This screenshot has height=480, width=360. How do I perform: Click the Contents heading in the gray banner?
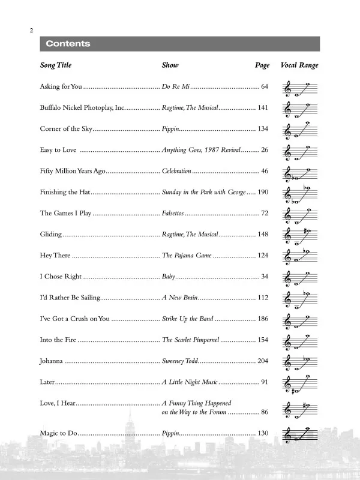[x=68, y=44]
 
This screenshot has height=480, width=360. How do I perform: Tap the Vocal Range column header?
[x=299, y=65]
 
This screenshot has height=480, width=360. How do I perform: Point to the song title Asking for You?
[x=61, y=87]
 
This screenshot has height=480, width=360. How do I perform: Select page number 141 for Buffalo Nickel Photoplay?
[x=262, y=108]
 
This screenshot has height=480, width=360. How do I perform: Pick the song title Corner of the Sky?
[x=65, y=129]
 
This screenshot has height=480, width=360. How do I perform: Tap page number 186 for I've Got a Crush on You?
[x=262, y=319]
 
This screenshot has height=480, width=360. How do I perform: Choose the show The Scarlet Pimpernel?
[x=191, y=340]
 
